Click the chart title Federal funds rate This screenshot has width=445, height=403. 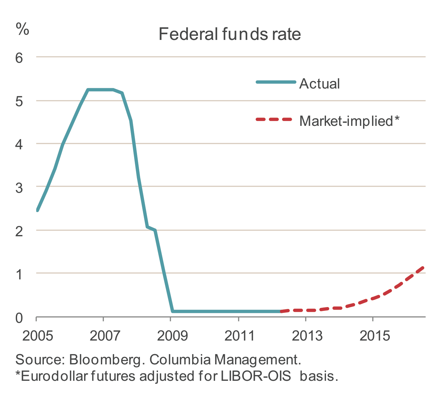[230, 34]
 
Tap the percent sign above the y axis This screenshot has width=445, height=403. [22, 29]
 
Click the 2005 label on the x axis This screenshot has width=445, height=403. [38, 336]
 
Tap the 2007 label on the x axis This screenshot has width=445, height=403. [105, 336]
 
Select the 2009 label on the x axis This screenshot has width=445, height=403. [172, 336]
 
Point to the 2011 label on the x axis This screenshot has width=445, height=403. [240, 336]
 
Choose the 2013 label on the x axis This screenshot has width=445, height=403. [307, 336]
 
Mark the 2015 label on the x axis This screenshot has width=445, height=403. [374, 336]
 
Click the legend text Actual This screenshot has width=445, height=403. [320, 84]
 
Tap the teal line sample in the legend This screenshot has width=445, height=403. [276, 82]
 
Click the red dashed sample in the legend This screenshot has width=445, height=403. [274, 119]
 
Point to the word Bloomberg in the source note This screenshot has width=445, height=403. [105, 360]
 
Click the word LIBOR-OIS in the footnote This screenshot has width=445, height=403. [256, 376]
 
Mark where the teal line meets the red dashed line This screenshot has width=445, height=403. [281, 311]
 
